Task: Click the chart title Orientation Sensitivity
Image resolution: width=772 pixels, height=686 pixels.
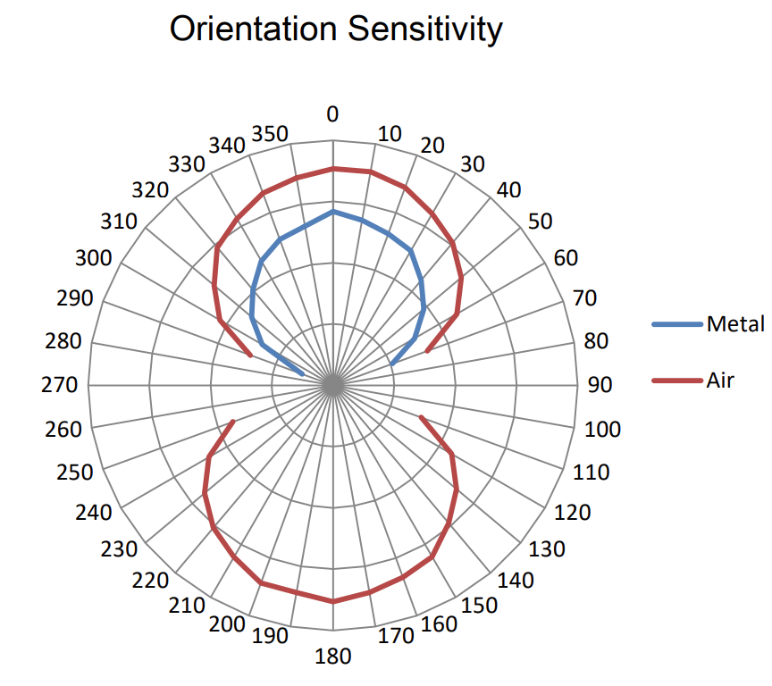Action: pos(336,29)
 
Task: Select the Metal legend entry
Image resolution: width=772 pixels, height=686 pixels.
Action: pos(735,324)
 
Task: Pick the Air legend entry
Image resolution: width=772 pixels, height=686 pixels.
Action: pos(720,381)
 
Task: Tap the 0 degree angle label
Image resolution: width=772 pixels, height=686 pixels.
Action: pos(333,113)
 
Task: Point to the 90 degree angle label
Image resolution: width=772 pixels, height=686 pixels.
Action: pos(600,386)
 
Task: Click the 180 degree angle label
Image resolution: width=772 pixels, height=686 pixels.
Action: pos(333,658)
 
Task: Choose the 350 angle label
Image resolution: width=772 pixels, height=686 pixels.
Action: pos(271,134)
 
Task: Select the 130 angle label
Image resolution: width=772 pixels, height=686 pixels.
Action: pos(547,548)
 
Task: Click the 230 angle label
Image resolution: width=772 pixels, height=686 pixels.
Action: pos(121,549)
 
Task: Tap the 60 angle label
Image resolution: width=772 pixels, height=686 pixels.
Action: pos(566,258)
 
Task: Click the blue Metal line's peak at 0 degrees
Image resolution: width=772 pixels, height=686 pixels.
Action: pos(333,212)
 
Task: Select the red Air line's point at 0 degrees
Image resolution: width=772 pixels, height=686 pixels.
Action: pos(333,168)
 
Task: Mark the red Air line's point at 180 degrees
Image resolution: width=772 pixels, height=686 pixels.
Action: pos(333,601)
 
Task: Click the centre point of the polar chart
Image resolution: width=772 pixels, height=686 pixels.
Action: pos(333,386)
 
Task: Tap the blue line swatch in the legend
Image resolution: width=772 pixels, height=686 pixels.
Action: pos(677,324)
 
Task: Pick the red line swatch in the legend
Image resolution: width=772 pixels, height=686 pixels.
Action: pos(677,381)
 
